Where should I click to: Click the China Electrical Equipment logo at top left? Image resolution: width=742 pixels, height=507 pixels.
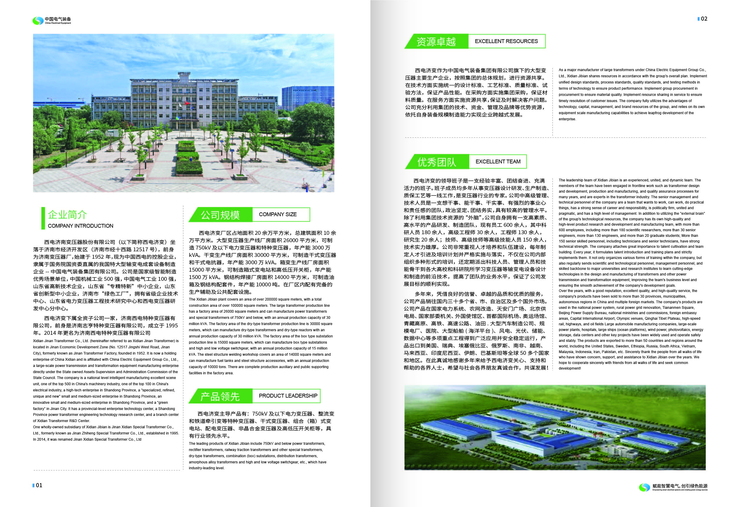pyautogui.click(x=51, y=21)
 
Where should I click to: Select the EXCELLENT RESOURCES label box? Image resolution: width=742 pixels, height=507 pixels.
pyautogui.click(x=506, y=41)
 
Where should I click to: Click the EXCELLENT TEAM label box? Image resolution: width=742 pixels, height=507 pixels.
pyautogui.click(x=498, y=162)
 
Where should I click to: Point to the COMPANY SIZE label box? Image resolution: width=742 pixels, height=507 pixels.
pyautogui.click(x=281, y=214)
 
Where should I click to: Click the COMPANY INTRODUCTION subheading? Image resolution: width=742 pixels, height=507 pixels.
pyautogui.click(x=80, y=226)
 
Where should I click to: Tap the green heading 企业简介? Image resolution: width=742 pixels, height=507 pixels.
pyautogui.click(x=68, y=215)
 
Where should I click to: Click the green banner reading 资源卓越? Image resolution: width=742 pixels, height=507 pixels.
pyautogui.click(x=436, y=42)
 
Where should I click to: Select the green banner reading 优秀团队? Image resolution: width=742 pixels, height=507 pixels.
pyautogui.click(x=437, y=162)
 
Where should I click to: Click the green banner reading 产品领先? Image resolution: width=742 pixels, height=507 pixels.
pyautogui.click(x=220, y=396)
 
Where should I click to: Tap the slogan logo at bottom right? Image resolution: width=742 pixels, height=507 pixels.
pyautogui.click(x=673, y=487)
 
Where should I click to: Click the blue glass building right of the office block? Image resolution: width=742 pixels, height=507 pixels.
pyautogui.click(x=307, y=97)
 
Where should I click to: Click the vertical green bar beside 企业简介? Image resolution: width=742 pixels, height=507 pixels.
pyautogui.click(x=43, y=218)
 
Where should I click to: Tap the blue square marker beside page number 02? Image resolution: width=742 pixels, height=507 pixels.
pyautogui.click(x=699, y=19)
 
